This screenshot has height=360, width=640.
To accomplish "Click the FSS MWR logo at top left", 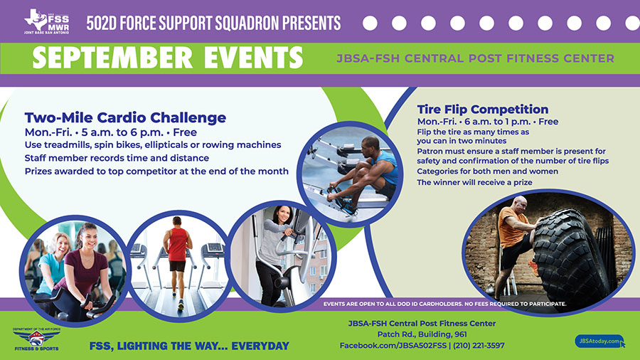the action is click(x=46, y=21).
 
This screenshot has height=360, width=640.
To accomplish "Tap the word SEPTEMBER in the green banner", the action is click(x=112, y=58).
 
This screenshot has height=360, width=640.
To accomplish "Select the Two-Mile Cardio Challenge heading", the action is click(x=125, y=117).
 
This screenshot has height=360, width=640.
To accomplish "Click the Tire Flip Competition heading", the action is click(x=482, y=110).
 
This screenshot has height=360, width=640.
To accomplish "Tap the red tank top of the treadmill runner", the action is click(x=178, y=244).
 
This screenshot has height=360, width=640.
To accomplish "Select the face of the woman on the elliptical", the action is click(x=283, y=214).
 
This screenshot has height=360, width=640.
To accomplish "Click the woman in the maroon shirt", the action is click(x=85, y=270).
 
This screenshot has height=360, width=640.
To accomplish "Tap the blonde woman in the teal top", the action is click(x=53, y=265).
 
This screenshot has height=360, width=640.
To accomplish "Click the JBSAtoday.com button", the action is click(x=599, y=342).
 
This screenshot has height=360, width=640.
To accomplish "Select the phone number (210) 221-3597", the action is click(x=479, y=346).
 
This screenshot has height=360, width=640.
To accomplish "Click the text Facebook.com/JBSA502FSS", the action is click(x=393, y=346).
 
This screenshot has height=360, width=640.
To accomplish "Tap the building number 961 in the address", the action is click(x=459, y=334).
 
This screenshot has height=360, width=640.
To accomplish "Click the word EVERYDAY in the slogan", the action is click(x=260, y=346).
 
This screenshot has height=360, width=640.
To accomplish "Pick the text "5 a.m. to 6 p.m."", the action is click(x=122, y=132).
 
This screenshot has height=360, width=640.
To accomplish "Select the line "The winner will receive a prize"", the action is click(x=474, y=182).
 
